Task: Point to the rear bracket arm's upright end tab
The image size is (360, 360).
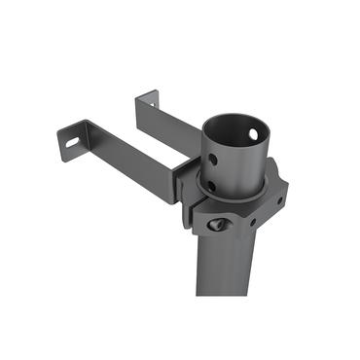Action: tap(147, 103)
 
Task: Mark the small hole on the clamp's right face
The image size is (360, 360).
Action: tap(280, 200)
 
